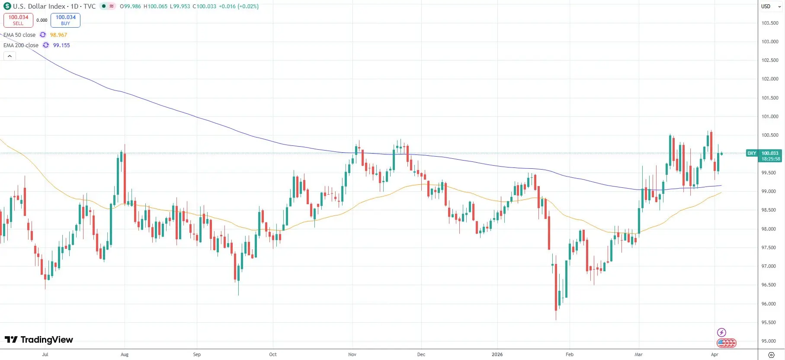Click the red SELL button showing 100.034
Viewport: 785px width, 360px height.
pyautogui.click(x=18, y=20)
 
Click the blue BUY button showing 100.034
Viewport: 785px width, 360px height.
pyautogui.click(x=65, y=20)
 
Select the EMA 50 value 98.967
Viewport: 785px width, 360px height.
pyautogui.click(x=58, y=35)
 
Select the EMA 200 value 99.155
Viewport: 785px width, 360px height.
pyautogui.click(x=61, y=45)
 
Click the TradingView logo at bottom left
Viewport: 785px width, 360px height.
pyautogui.click(x=39, y=340)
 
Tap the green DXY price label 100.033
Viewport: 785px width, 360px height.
pyautogui.click(x=770, y=153)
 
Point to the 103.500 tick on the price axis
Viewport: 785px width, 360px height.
pyautogui.click(x=769, y=23)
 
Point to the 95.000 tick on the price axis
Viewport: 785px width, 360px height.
pyautogui.click(x=769, y=341)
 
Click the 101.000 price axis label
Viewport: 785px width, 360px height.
pyautogui.click(x=769, y=116)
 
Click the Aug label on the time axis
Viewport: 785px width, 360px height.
pyautogui.click(x=125, y=354)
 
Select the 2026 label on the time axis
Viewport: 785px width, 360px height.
pyautogui.click(x=497, y=354)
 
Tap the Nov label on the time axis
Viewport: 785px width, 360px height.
pyautogui.click(x=352, y=354)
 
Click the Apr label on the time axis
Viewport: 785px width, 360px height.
pyautogui.click(x=715, y=354)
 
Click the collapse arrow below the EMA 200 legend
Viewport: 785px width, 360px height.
pyautogui.click(x=10, y=56)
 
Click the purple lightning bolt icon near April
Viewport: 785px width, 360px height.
pyautogui.click(x=721, y=332)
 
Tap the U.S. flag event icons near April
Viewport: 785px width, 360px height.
pyautogui.click(x=726, y=343)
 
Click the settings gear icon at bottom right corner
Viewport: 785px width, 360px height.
pyautogui.click(x=771, y=355)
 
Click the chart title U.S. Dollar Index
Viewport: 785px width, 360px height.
pyautogui.click(x=39, y=6)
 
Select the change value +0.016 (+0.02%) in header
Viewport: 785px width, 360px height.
pyautogui.click(x=238, y=6)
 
